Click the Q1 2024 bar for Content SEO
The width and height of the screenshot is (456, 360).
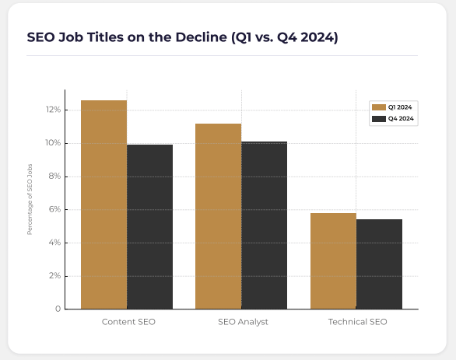(104, 204)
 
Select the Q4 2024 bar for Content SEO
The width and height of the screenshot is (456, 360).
(150, 226)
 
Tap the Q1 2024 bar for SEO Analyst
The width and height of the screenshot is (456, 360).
(219, 216)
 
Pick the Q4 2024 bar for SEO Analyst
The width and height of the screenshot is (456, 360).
(265, 225)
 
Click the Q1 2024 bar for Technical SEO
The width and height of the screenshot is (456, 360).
(334, 260)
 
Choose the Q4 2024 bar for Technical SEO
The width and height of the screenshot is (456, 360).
(380, 264)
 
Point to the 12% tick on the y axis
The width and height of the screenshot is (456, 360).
(53, 110)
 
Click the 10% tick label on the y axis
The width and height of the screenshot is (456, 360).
(53, 143)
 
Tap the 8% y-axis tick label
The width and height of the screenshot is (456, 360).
(54, 177)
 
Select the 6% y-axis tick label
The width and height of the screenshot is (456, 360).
(54, 210)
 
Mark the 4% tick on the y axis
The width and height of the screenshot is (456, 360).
(54, 243)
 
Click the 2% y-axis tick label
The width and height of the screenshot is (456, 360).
(54, 276)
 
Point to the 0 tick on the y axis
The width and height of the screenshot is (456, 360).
(58, 309)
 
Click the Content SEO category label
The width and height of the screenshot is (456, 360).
(128, 322)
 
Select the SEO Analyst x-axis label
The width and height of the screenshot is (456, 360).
(242, 322)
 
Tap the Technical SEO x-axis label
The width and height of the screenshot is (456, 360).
(357, 322)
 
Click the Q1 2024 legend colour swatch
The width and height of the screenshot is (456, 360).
(379, 107)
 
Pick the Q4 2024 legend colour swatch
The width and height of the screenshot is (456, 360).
(379, 119)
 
